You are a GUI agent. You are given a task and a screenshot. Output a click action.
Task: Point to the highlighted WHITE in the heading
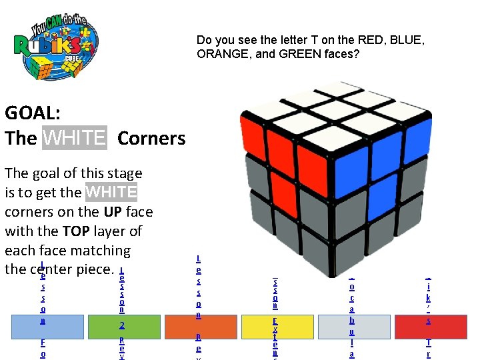click(x=74, y=138)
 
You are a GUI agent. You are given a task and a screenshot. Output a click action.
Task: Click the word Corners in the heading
click(x=151, y=138)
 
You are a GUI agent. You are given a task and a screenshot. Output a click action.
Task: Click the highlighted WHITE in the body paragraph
click(x=111, y=193)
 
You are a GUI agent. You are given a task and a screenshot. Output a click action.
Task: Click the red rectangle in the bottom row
click(x=430, y=327)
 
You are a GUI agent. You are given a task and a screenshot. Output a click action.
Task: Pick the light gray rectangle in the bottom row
click(x=353, y=327)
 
